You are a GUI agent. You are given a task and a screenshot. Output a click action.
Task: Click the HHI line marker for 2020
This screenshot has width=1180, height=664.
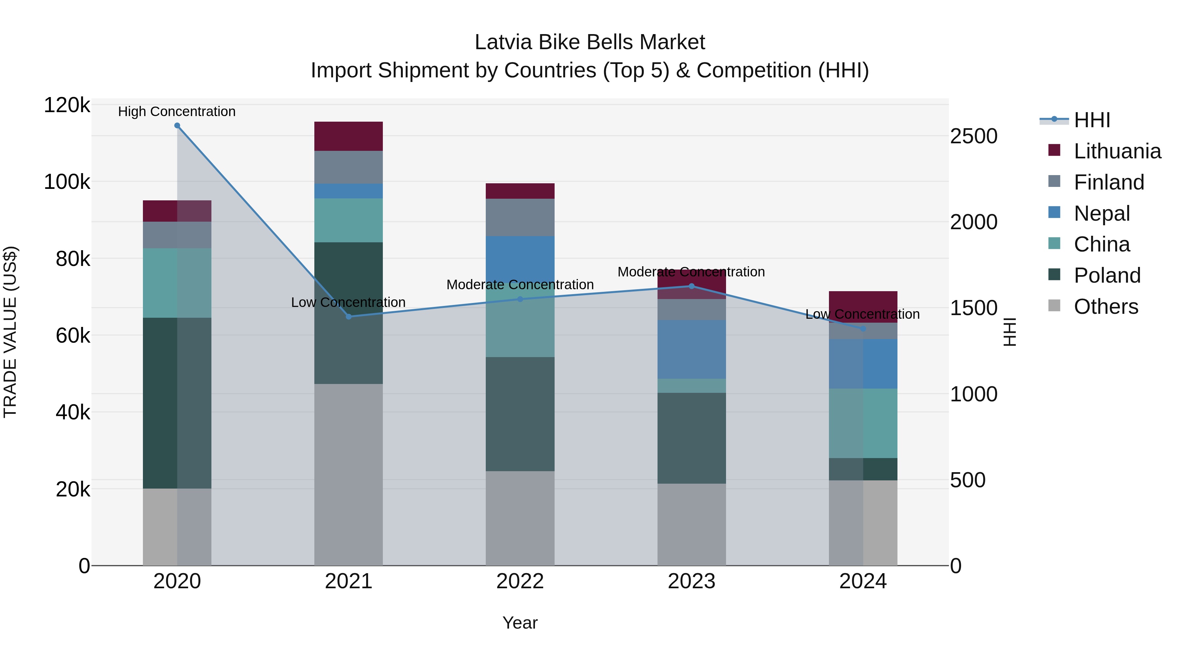pos(177,126)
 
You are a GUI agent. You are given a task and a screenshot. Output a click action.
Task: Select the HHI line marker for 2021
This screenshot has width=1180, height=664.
pos(349,317)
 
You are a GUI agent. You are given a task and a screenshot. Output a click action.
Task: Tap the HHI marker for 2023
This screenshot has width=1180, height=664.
pos(692,286)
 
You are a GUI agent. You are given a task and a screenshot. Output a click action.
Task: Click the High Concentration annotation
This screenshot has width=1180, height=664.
pos(177,112)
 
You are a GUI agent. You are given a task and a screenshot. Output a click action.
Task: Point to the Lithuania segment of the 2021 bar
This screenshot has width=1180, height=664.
pos(349,136)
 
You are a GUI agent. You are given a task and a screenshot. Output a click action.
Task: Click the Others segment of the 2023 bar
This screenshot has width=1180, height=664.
pos(692,524)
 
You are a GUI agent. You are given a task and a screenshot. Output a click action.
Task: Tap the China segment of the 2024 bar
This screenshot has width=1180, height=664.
pos(863,423)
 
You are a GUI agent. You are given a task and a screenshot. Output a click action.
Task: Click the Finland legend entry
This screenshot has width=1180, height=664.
pos(1109,182)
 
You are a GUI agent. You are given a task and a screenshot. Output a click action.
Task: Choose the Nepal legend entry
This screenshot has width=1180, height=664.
pos(1102,213)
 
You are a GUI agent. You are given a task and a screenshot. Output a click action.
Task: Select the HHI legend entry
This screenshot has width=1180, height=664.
pos(1091,120)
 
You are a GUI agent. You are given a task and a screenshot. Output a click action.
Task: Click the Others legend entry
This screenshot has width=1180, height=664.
pos(1105,307)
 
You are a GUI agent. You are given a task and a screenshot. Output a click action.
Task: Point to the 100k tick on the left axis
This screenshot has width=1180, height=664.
pos(67,182)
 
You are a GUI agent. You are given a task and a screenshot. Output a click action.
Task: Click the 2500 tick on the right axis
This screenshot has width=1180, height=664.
pos(974,136)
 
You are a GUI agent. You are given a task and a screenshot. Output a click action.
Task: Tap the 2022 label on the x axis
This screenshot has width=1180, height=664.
pos(520,581)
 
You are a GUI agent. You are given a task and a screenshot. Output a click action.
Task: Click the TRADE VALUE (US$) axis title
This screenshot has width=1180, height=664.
pos(10,332)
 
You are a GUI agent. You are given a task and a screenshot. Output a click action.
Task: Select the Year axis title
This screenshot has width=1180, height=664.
pos(520,623)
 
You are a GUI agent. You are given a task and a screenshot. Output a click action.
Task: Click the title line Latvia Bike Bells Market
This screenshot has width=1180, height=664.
pos(590,42)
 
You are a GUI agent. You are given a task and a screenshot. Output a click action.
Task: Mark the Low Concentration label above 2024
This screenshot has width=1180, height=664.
pos(862,314)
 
